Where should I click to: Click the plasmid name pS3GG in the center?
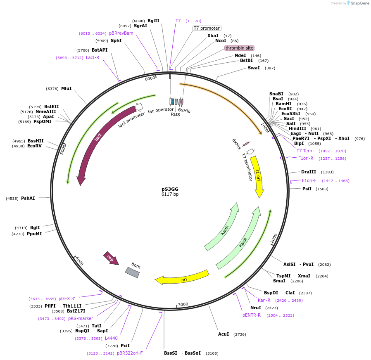coord(170,189)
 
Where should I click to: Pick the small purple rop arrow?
coord(111,258)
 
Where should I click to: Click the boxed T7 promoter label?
coord(207,28)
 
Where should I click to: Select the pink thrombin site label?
coord(239,48)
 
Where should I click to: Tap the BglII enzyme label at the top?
coord(153,21)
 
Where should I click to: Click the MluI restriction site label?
coord(66,88)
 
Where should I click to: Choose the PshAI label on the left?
coord(28,198)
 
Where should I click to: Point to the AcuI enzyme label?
coord(224,334)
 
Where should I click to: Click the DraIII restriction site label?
coord(309,172)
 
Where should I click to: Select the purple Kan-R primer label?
coord(264,300)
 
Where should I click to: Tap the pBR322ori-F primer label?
coord(130,353)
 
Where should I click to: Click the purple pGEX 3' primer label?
coord(67,298)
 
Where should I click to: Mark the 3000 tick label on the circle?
coord(183,304)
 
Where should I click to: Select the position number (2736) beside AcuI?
coord(240,334)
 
